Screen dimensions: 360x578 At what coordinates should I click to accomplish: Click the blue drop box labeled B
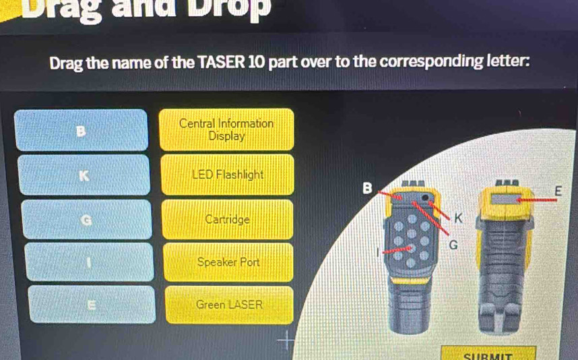pos(82,129)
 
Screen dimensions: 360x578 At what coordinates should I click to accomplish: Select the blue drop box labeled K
pos(84,175)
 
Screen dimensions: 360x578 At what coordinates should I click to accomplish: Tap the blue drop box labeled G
pos(85,220)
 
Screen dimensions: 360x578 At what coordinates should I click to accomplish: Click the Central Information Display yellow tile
pos(226,129)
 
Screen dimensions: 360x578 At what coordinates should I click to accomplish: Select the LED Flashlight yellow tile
pos(227,175)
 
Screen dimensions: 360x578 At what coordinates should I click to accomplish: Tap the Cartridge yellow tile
pos(227,220)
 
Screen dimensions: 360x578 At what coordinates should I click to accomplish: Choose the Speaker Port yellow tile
pos(228,262)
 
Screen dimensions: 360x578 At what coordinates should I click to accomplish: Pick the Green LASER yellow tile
pos(228,305)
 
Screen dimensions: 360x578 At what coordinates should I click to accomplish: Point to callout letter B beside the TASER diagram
pos(366,187)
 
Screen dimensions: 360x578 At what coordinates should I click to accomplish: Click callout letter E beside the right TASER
pos(557,191)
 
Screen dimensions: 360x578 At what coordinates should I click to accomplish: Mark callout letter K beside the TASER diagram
pos(459,217)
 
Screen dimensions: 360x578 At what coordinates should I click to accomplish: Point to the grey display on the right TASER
pos(507,199)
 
